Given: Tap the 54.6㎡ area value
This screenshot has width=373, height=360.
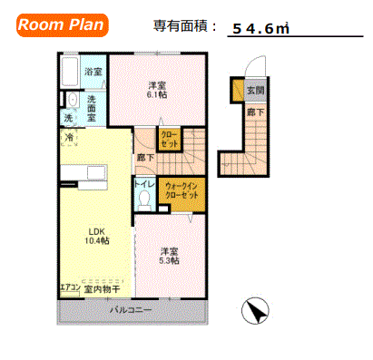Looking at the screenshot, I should point(260,28).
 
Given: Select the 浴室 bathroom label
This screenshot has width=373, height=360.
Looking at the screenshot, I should point(93,72).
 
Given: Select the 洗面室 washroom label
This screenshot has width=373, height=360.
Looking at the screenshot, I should point(93,109).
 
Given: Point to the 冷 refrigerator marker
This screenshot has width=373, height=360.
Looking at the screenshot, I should point(71,137).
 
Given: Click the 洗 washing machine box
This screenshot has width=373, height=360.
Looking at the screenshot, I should point(69,118).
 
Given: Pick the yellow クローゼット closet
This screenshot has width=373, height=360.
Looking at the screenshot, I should point(170,140).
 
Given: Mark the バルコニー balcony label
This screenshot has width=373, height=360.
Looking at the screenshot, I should point(133,310).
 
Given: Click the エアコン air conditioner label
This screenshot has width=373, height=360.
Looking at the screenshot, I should point(69,287).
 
